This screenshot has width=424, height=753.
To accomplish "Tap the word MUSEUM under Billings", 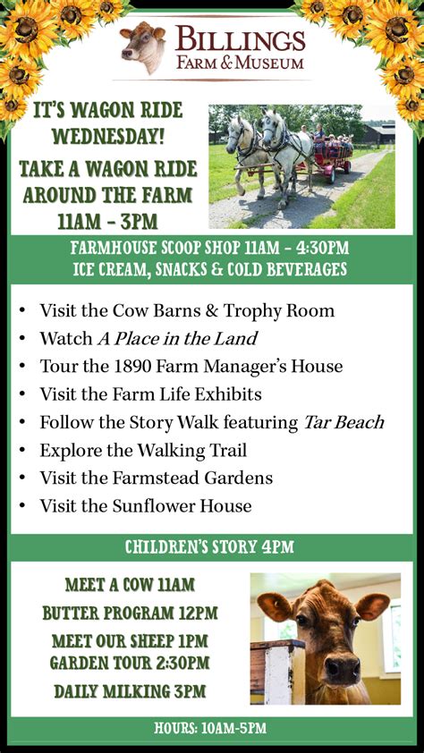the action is click(x=269, y=63).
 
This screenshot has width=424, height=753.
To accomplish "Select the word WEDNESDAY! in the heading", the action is click(x=108, y=138).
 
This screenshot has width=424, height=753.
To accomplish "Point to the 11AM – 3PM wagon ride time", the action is click(x=107, y=222).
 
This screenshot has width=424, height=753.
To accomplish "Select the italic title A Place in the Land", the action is click(x=177, y=339).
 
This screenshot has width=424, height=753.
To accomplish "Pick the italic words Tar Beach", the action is click(x=343, y=423).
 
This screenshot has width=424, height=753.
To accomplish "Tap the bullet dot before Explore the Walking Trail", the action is click(x=22, y=452).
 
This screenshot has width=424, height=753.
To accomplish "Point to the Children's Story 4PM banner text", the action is click(x=209, y=547).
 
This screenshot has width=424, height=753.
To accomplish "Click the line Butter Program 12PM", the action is click(x=130, y=613).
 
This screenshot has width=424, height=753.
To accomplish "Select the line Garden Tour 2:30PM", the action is click(x=130, y=663).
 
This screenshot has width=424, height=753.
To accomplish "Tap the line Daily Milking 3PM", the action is click(x=130, y=691).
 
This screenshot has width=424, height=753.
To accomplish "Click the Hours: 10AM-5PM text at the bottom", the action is click(x=210, y=728).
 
